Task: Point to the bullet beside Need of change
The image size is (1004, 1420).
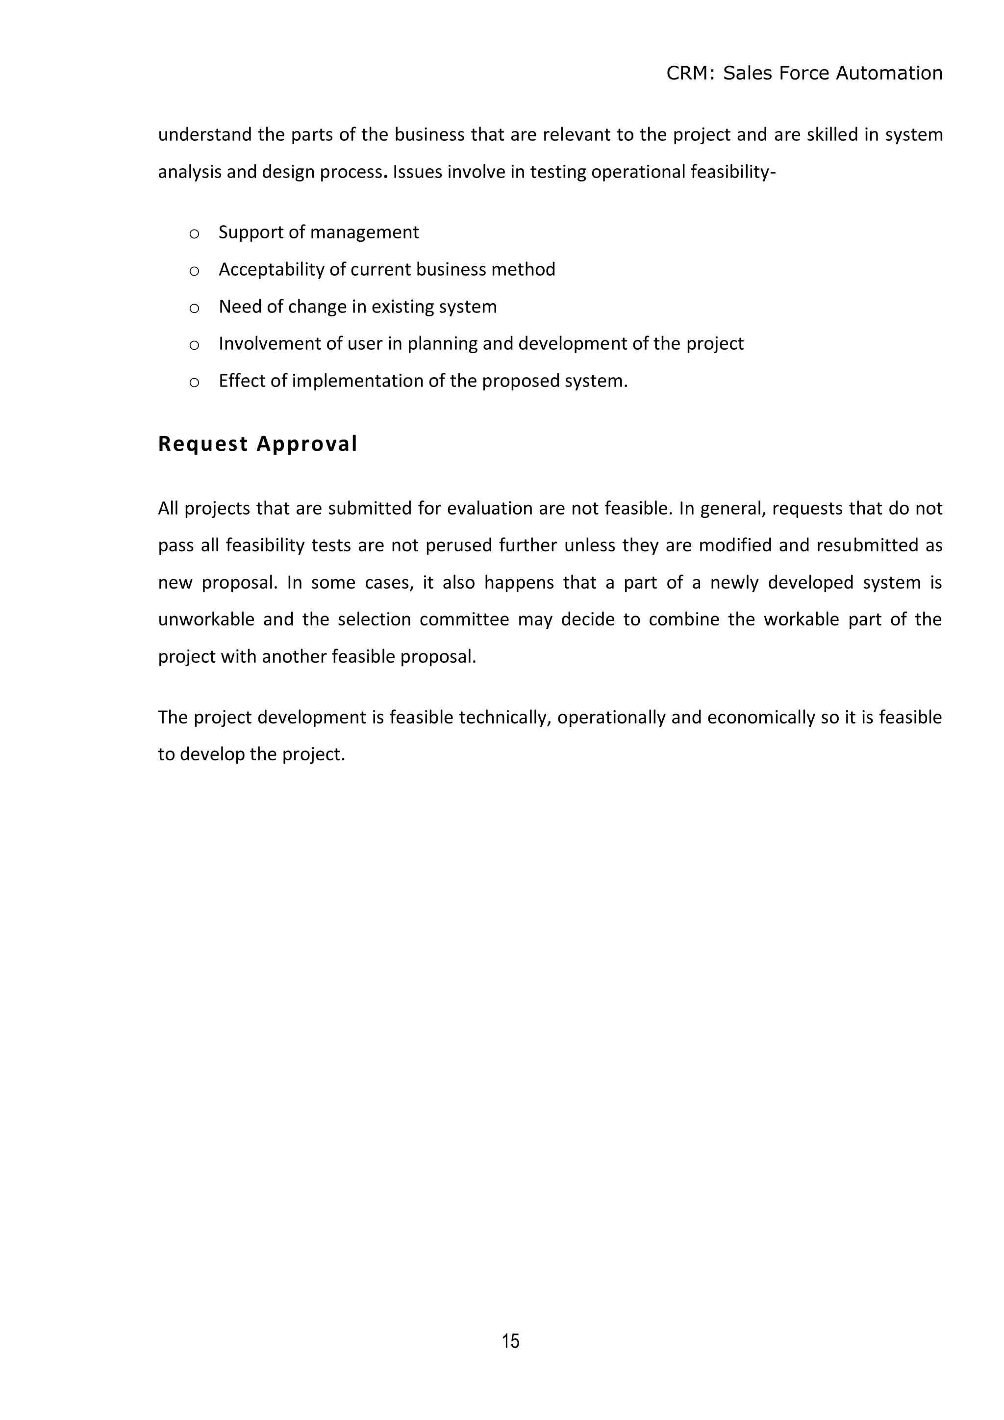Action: [194, 308]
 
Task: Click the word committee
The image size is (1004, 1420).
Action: [464, 620]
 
